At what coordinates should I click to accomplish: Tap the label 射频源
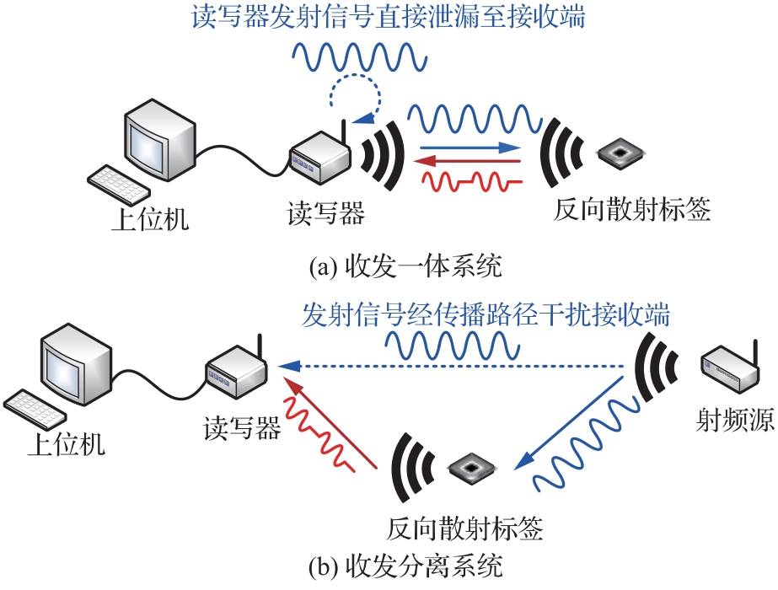pos(736,420)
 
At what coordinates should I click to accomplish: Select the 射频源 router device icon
pos(730,369)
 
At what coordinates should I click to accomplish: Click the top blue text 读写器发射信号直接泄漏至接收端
pos(389,19)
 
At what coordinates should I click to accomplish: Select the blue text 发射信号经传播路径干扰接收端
pos(486,316)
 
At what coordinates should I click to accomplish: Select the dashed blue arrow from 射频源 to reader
pos(455,366)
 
